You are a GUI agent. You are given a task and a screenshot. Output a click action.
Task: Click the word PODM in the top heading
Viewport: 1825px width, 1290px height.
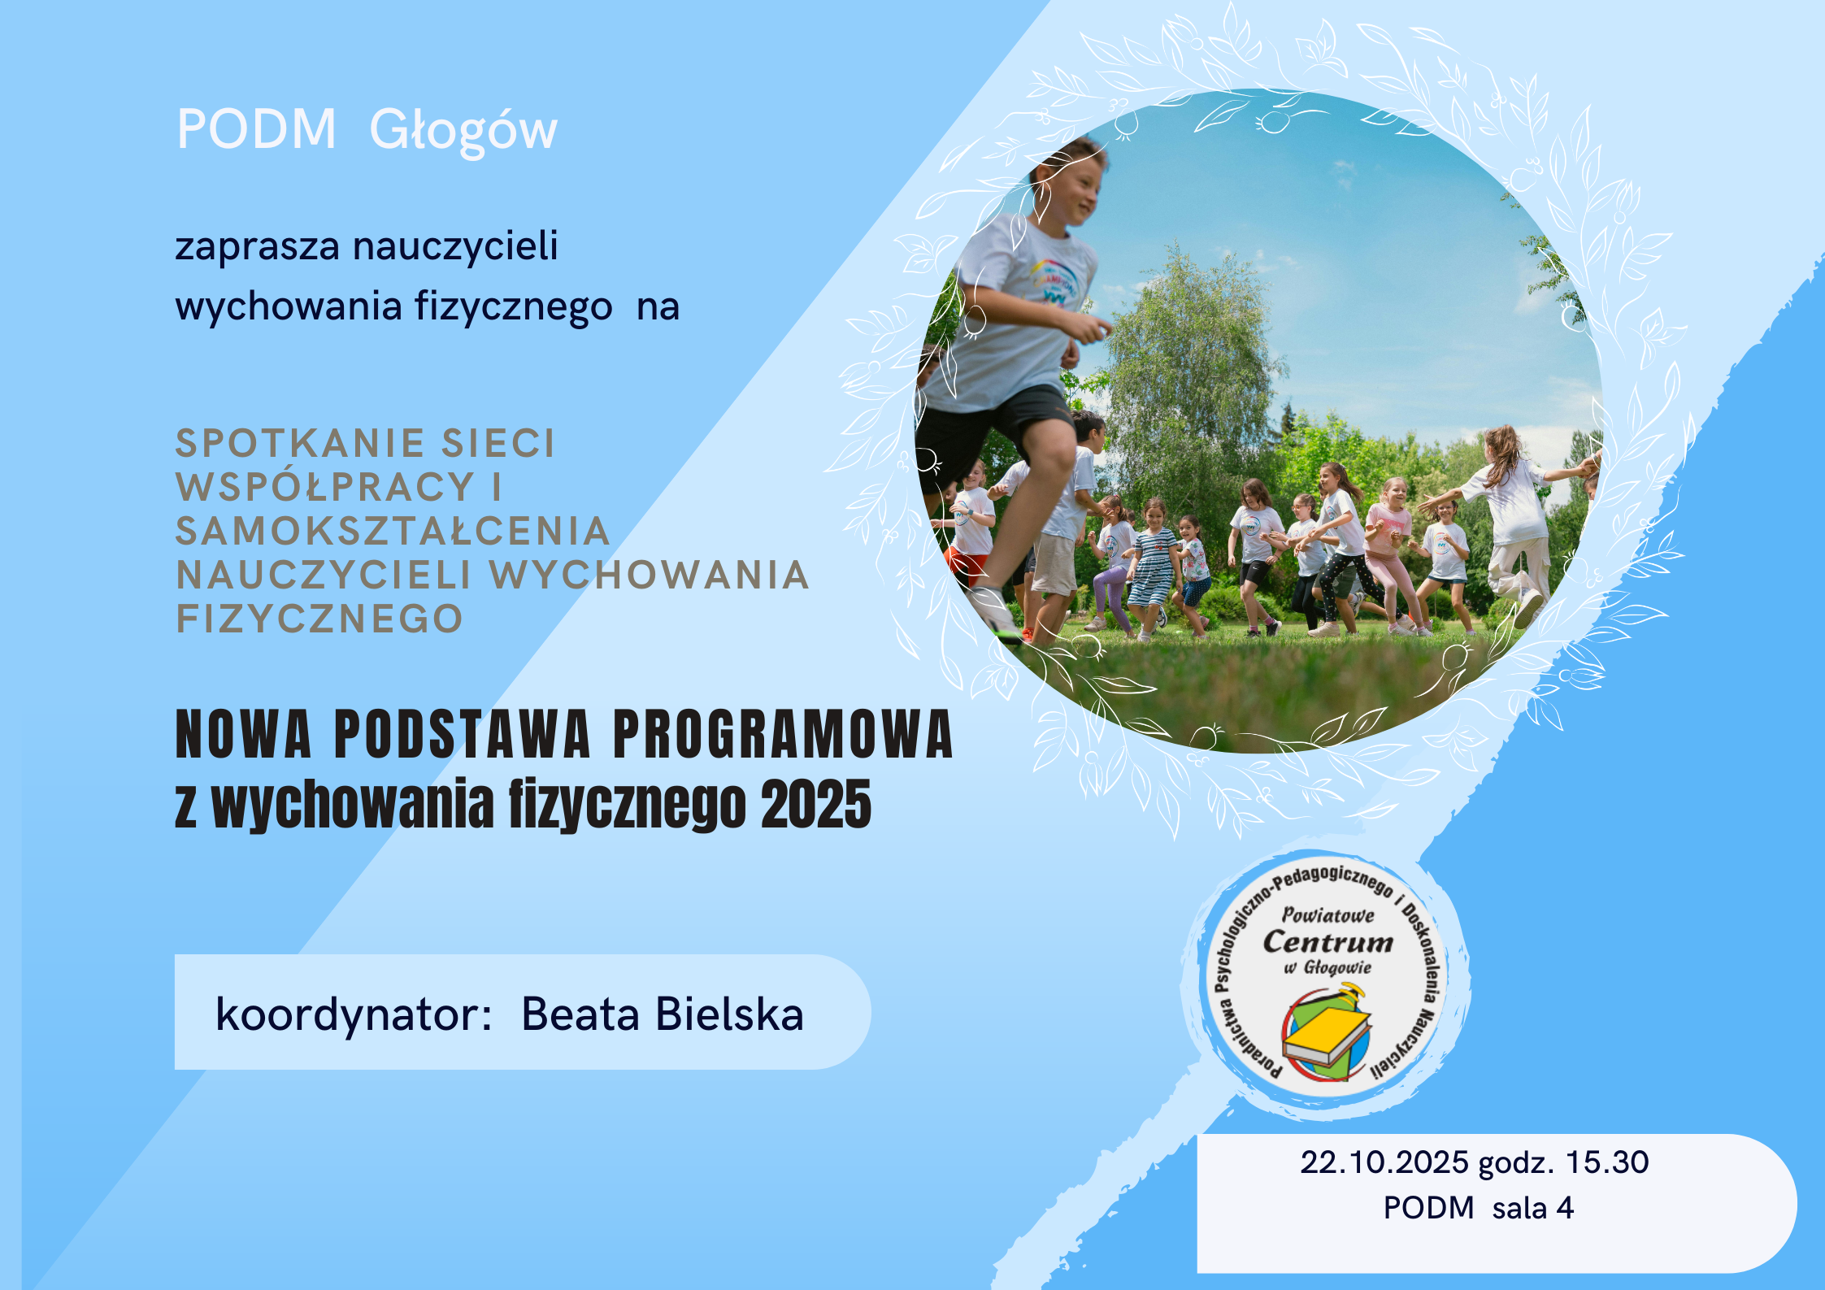click(256, 129)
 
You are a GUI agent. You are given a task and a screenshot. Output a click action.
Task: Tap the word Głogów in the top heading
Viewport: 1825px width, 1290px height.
click(463, 132)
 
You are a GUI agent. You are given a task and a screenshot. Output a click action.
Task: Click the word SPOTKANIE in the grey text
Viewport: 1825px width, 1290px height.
click(302, 443)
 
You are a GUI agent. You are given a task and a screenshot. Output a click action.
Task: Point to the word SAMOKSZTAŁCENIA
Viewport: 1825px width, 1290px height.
click(393, 531)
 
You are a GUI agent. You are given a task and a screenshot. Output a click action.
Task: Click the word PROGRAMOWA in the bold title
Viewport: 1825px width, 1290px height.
click(783, 734)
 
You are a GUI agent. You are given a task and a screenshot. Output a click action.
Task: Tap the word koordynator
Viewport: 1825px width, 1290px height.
click(354, 1014)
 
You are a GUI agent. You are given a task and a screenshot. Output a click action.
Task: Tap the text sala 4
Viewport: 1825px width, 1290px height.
click(1533, 1208)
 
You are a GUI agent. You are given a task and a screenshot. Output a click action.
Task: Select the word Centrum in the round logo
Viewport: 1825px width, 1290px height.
click(1328, 941)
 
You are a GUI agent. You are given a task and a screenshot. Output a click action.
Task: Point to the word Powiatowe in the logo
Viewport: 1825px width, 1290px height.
click(1328, 915)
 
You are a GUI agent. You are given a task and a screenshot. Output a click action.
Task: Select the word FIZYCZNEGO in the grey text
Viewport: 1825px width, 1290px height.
click(319, 619)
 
